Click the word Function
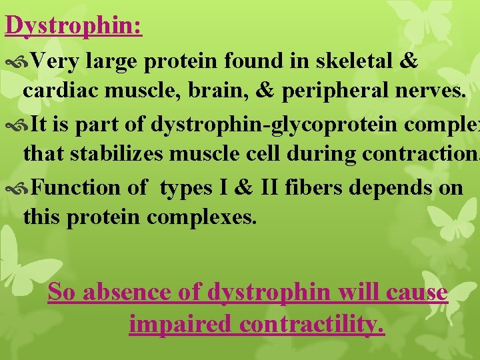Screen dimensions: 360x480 [79, 187]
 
